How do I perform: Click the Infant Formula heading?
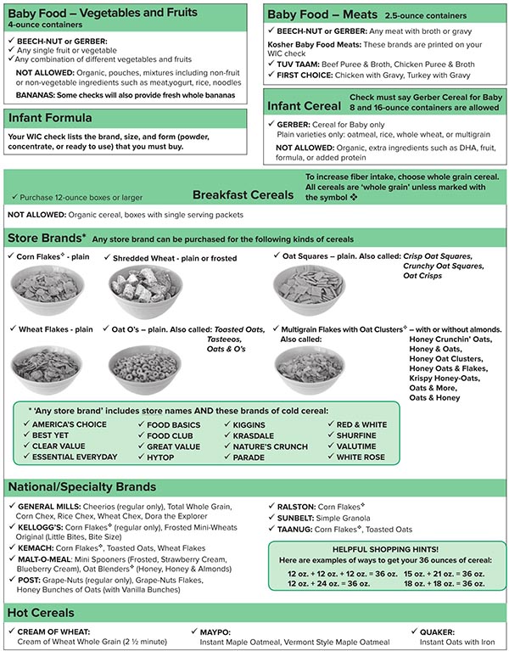pos(56,118)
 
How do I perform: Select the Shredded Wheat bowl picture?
pos(145,288)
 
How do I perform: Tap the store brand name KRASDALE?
pos(248,435)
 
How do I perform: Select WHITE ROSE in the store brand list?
pos(361,457)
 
